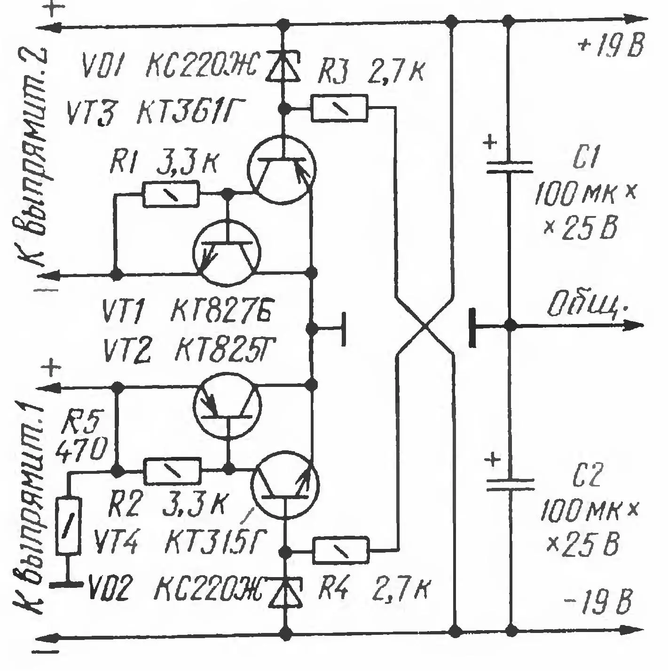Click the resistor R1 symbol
point(171,194)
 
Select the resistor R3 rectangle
point(339,108)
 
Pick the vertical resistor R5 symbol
point(69,526)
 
